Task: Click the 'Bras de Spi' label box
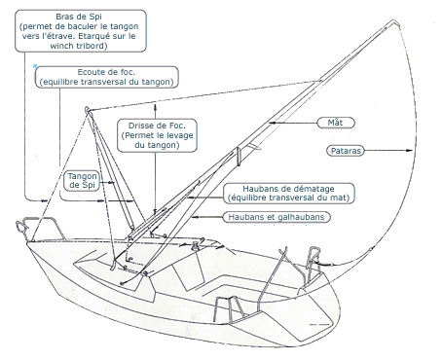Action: [81, 31]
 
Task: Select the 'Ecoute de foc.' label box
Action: [107, 77]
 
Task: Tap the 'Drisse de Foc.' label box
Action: [157, 135]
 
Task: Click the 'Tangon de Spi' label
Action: [83, 181]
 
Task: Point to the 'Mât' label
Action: [336, 123]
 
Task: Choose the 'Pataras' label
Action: [346, 151]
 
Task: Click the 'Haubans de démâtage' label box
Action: [288, 194]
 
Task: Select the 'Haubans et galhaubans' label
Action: [277, 217]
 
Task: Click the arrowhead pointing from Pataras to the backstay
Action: [410, 150]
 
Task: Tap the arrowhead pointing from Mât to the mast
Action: [272, 123]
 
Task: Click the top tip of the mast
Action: [394, 21]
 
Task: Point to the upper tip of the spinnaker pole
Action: [87, 109]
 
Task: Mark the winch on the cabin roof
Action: [196, 246]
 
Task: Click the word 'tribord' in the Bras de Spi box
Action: [92, 46]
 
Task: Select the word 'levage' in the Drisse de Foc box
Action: [179, 135]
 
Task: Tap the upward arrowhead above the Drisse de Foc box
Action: [156, 107]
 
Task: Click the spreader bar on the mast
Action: [239, 157]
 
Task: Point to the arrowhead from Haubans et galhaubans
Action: [194, 217]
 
